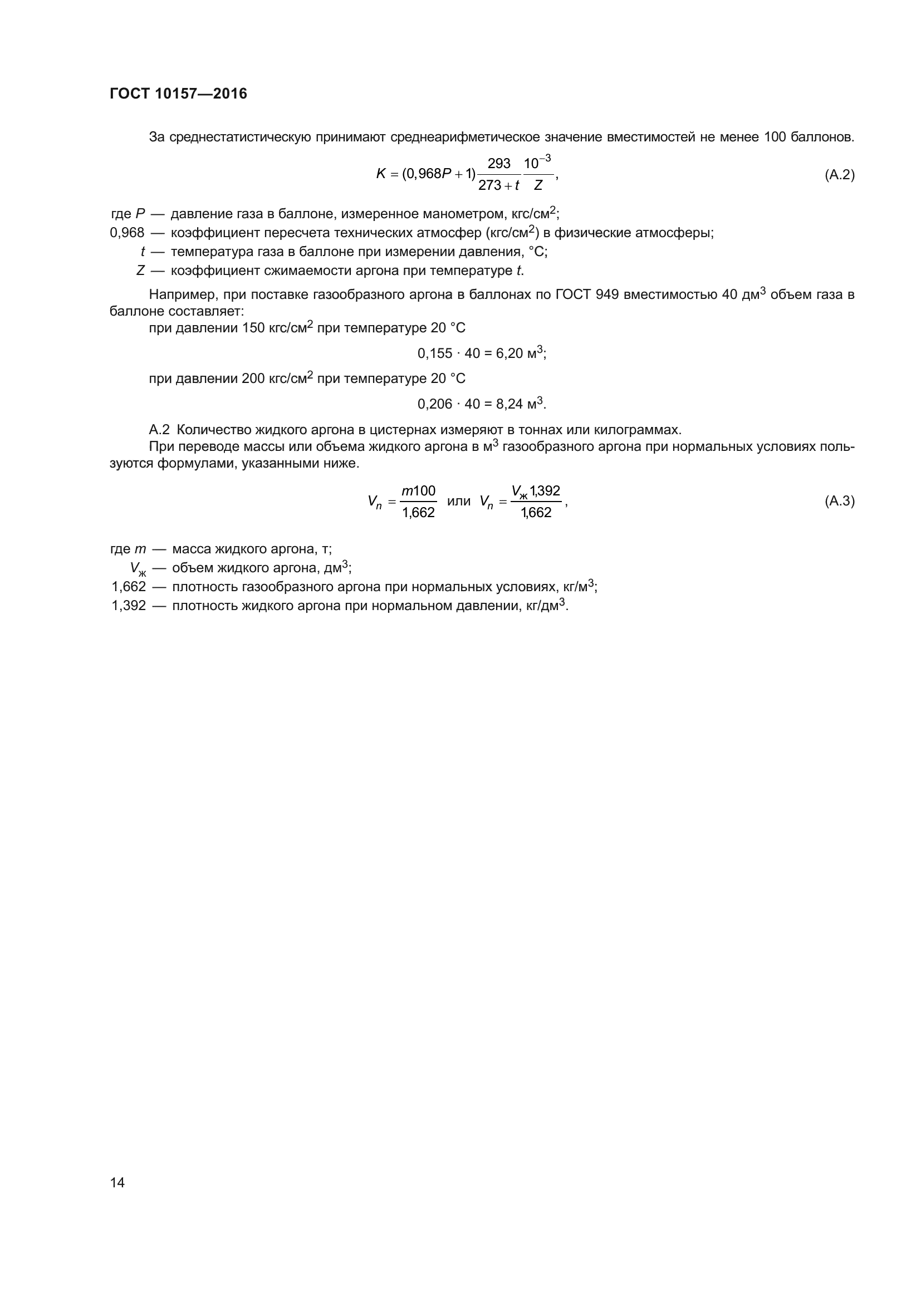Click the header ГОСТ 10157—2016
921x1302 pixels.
pyautogui.click(x=178, y=94)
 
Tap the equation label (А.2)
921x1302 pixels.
pyautogui.click(x=839, y=175)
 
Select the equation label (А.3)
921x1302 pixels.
pyautogui.click(x=839, y=502)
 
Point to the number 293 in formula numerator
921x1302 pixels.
pyautogui.click(x=499, y=164)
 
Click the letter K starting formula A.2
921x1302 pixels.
pyautogui.click(x=380, y=174)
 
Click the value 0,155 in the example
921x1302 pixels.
pyautogui.click(x=435, y=354)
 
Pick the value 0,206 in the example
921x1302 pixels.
pyautogui.click(x=435, y=404)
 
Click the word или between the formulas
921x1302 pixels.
pyautogui.click(x=459, y=502)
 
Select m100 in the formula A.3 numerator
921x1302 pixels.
pyautogui.click(x=419, y=490)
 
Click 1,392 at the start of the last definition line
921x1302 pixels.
pyautogui.click(x=129, y=606)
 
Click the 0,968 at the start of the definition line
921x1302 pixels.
pyautogui.click(x=127, y=233)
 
